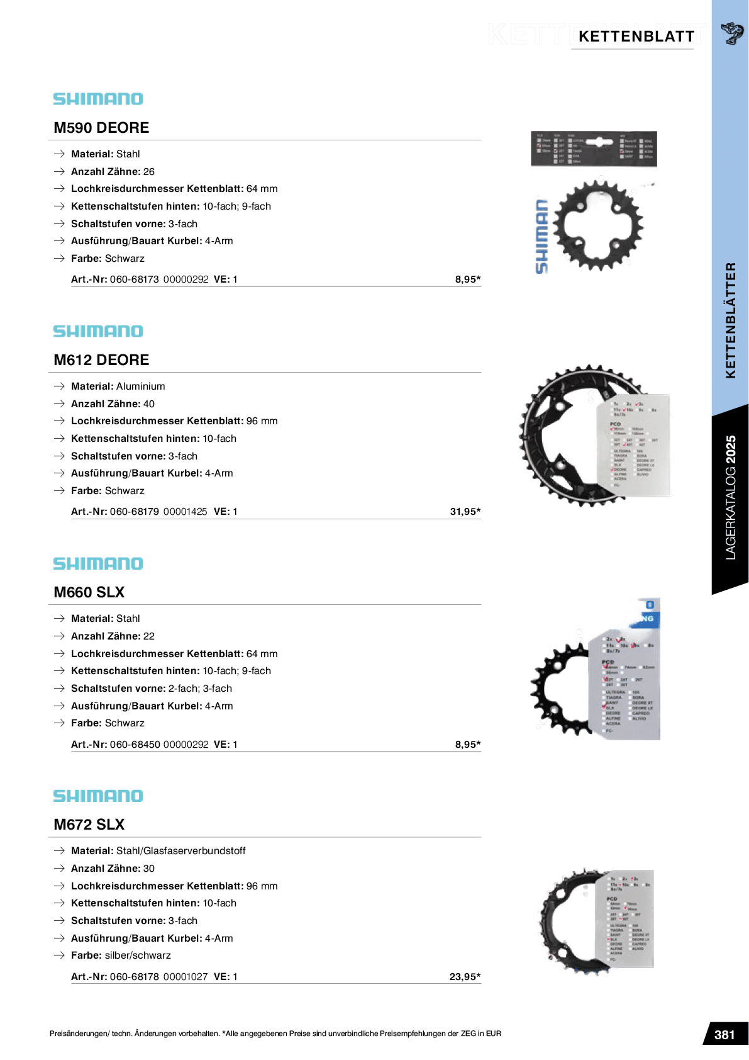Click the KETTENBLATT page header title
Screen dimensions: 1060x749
636,37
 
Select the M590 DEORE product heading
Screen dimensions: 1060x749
101,128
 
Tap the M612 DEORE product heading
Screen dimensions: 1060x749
101,360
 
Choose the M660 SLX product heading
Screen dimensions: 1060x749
89,592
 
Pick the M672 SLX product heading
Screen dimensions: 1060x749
89,825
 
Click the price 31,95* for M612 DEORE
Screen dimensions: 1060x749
465,512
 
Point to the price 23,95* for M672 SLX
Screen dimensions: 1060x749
465,977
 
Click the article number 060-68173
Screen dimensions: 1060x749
134,279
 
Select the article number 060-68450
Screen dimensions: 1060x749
134,745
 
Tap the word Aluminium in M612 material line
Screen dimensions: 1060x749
140,386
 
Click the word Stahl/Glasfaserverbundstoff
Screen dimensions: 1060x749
180,851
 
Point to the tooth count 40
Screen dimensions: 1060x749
148,404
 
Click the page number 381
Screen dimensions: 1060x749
724,1035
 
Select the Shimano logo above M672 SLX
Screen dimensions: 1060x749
98,796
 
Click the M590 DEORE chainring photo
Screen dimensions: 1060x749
599,225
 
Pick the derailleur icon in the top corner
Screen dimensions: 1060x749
731,33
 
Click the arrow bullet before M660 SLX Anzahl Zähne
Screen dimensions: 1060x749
59,636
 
